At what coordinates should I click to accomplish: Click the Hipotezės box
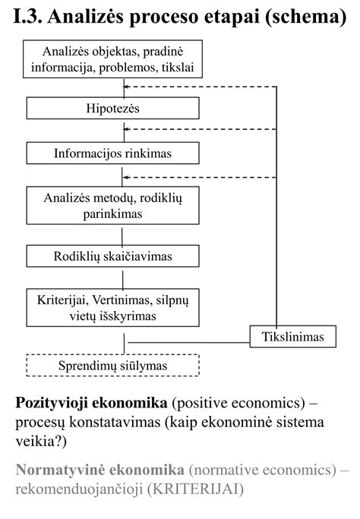tap(113, 109)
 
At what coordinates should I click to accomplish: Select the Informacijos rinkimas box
tap(113, 153)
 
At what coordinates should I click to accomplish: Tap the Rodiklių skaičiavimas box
tap(113, 256)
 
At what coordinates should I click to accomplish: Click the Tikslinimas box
tap(292, 335)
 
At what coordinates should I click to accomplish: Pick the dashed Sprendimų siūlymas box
tap(113, 366)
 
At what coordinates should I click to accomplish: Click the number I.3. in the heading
tap(27, 17)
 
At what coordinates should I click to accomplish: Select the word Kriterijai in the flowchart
tap(62, 300)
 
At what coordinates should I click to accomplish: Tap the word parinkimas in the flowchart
tap(113, 214)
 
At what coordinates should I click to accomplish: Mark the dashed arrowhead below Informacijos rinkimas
tap(127, 178)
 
